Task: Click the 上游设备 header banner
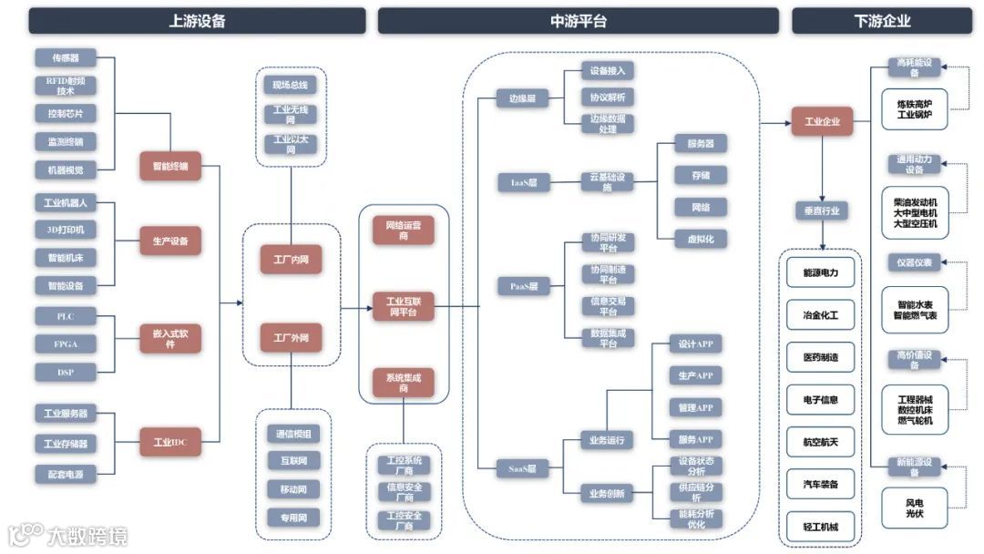tap(197, 21)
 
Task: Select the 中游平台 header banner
tap(579, 21)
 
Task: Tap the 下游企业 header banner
tap(881, 21)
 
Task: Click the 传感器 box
tap(66, 57)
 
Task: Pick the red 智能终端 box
tap(169, 166)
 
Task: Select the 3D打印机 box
tap(66, 230)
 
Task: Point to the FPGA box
tap(66, 344)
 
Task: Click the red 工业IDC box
tap(169, 443)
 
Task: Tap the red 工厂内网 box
tap(291, 259)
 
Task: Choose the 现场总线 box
tap(291, 86)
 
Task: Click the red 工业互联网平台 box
tap(403, 307)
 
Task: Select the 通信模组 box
tap(294, 434)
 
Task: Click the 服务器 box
tap(700, 143)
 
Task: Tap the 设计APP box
tap(695, 344)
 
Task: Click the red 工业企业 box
tap(822, 121)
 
